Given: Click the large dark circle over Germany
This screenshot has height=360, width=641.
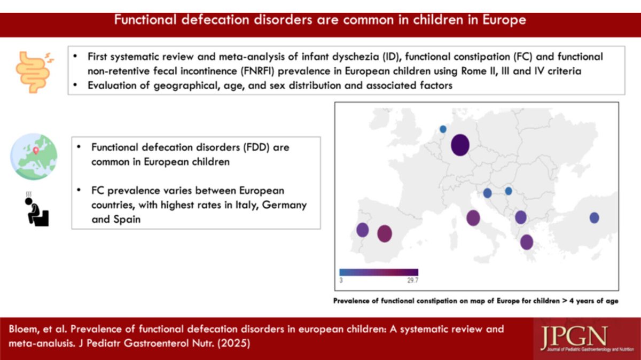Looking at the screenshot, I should point(460,145).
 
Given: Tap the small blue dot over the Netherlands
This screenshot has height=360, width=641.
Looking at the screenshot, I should point(443,129).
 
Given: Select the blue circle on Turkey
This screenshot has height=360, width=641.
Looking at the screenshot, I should point(594,217).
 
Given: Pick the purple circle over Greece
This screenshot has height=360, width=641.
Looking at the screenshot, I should point(527,242).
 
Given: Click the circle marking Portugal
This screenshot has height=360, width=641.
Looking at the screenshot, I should point(363,230).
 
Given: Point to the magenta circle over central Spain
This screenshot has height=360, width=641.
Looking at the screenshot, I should point(385,233).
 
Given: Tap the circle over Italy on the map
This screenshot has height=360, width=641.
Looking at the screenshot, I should point(473,218).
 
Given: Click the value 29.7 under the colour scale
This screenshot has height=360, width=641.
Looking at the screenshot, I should point(411,280).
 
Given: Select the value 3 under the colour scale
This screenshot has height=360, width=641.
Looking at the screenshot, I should point(341,280).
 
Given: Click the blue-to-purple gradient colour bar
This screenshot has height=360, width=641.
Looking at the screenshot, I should point(379,272).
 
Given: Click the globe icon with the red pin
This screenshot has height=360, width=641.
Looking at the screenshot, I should point(33,155).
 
